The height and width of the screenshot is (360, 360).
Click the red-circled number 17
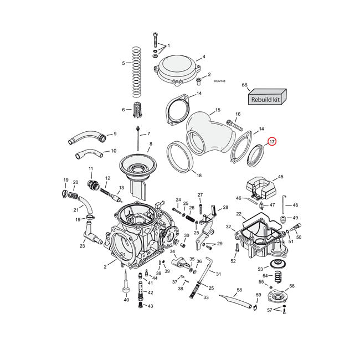[271, 142]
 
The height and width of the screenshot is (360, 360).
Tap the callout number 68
[244, 85]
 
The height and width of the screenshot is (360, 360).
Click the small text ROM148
[219, 81]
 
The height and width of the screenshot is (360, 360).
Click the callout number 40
[126, 300]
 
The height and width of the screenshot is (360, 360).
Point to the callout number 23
[82, 246]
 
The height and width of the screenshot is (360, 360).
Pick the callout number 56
[292, 286]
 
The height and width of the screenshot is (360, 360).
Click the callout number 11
[91, 168]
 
